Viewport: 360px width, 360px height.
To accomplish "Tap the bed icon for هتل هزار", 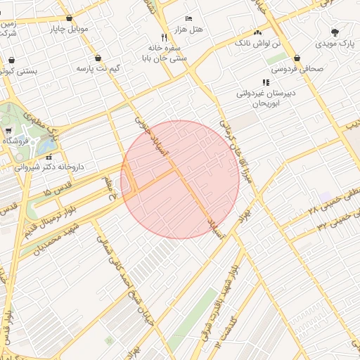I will tap(188, 18).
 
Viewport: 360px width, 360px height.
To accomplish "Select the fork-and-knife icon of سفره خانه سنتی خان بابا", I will tap(164, 37).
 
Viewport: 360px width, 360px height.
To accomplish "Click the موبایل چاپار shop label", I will tap(68, 30).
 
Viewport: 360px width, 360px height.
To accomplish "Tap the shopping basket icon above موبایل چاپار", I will tap(68, 18).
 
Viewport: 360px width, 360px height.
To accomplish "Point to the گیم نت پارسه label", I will tap(96, 69).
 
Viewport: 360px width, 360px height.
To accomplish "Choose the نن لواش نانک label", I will tap(257, 43).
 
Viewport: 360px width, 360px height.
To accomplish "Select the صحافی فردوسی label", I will tap(297, 69).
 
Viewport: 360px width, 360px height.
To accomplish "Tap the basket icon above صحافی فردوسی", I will tap(297, 58).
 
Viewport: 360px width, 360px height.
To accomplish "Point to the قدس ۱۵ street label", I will tap(58, 191).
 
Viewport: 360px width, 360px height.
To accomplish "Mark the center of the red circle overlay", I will tap(180, 180).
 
